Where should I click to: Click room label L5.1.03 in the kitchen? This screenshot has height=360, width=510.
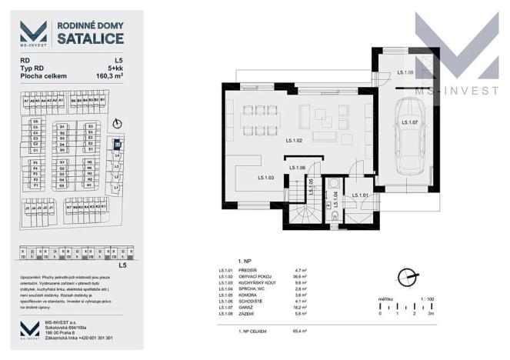point(266,178)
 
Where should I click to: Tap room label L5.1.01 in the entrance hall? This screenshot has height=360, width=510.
point(360,195)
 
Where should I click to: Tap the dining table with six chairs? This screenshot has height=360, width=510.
point(259,118)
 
